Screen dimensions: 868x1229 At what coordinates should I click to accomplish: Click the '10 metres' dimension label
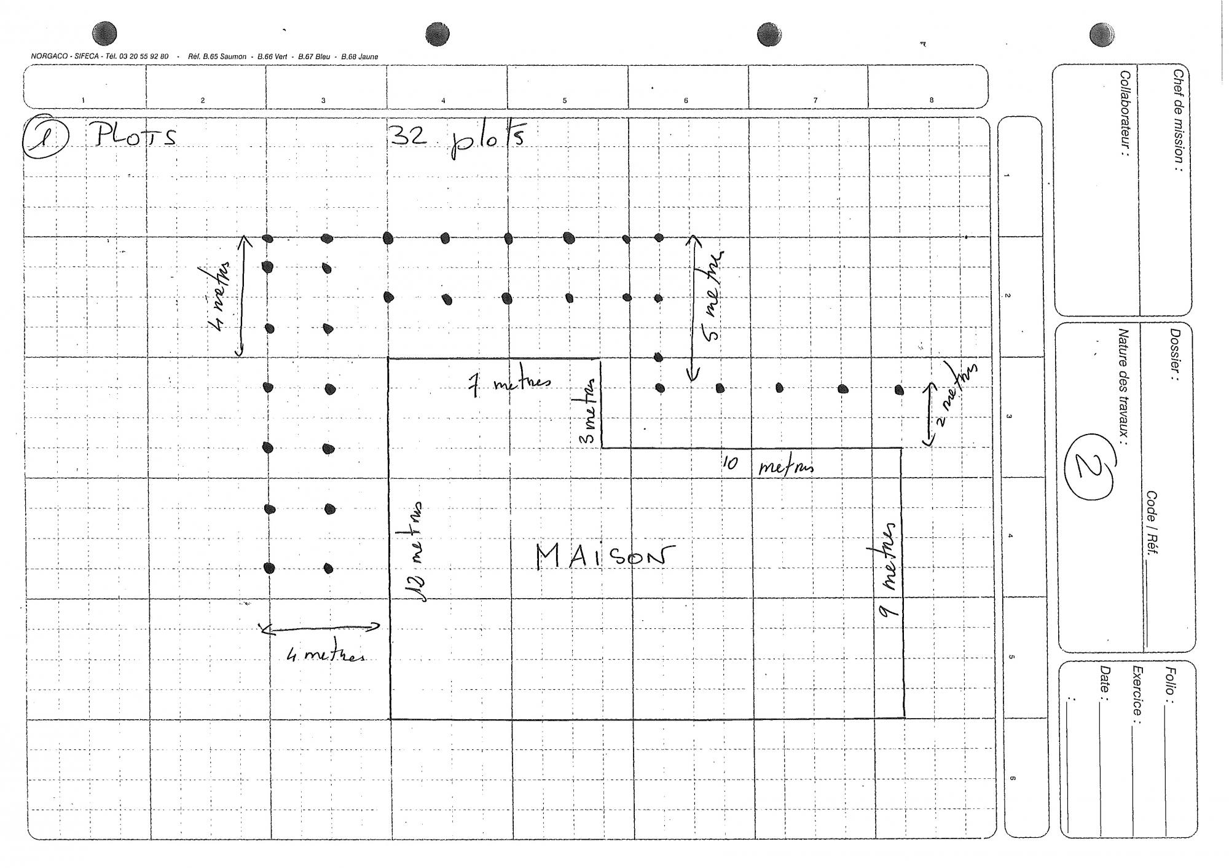(x=769, y=465)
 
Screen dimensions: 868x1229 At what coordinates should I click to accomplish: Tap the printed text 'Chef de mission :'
(x=1177, y=119)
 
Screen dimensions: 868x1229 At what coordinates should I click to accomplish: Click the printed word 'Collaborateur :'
(x=1125, y=113)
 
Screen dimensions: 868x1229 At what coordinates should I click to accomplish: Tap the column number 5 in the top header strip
(x=565, y=100)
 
